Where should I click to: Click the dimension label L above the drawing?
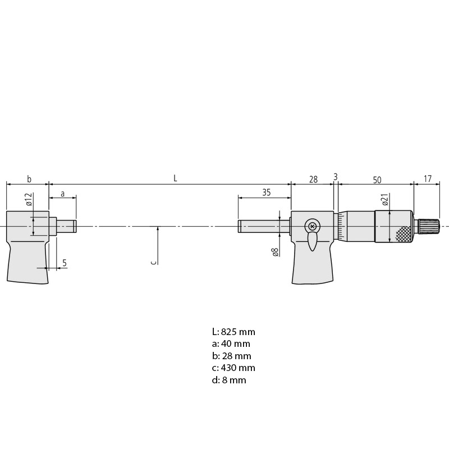[175, 178]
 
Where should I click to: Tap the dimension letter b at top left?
[29, 179]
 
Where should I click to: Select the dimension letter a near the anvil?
[63, 194]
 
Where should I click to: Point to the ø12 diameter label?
[29, 199]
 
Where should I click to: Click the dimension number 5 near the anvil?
[65, 263]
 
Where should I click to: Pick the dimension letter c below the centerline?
[154, 262]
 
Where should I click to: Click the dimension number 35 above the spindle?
[266, 193]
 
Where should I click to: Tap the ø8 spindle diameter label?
[275, 252]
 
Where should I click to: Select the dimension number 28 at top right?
[313, 179]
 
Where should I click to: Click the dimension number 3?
[336, 177]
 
